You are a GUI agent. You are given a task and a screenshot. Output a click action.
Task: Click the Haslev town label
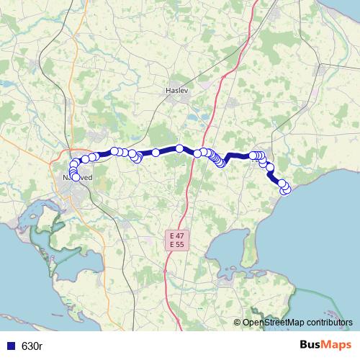[176, 91]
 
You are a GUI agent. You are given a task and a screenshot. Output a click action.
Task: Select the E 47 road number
[176, 236]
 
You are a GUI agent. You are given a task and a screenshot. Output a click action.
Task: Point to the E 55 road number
[176, 245]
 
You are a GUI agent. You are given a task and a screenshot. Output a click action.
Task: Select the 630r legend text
[32, 346]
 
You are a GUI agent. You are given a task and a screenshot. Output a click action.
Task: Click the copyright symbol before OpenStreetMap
[237, 323]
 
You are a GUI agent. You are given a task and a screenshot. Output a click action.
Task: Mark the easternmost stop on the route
[287, 189]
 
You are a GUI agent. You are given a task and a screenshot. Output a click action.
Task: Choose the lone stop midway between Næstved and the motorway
[155, 153]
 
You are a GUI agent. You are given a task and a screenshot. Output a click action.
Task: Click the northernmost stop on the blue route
[179, 148]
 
